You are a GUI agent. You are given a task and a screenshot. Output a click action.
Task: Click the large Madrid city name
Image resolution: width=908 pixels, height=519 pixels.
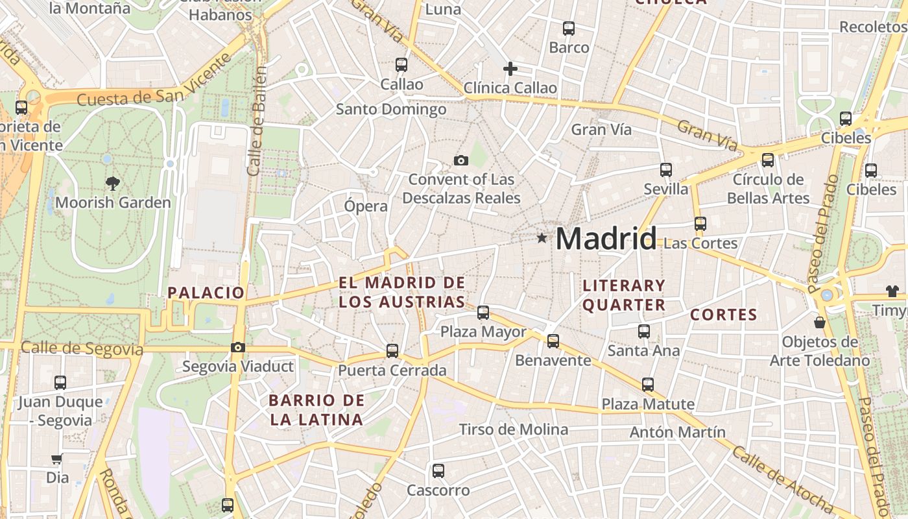pyautogui.click(x=606, y=239)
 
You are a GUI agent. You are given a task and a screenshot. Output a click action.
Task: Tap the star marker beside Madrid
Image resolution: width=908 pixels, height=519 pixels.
pyautogui.click(x=542, y=238)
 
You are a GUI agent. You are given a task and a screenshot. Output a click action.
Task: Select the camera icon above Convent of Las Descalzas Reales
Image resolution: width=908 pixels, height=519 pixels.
pyautogui.click(x=461, y=160)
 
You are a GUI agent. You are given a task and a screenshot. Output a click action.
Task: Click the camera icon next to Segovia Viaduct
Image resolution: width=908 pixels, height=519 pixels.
pyautogui.click(x=238, y=347)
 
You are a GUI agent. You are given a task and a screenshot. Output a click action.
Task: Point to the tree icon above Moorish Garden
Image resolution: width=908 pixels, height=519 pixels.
pyautogui.click(x=113, y=184)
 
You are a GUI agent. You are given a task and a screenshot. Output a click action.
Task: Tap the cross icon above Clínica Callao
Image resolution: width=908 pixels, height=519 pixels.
pyautogui.click(x=510, y=69)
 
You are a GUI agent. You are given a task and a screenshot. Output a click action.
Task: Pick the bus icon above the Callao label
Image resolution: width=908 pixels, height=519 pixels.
pyautogui.click(x=401, y=65)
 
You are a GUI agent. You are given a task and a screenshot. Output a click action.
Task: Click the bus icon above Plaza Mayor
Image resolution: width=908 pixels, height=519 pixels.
pyautogui.click(x=483, y=313)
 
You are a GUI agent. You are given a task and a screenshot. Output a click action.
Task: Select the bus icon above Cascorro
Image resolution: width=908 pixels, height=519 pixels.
pyautogui.click(x=438, y=471)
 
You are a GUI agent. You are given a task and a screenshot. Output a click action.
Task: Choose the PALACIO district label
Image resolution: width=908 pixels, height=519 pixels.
pyautogui.click(x=206, y=293)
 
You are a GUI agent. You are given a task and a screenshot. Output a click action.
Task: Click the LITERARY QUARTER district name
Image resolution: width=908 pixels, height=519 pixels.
pyautogui.click(x=624, y=295)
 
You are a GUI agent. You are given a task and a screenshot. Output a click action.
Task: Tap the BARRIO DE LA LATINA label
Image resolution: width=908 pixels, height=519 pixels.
pyautogui.click(x=317, y=410)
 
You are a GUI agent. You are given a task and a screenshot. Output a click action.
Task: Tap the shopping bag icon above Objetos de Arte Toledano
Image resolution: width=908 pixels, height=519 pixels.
pyautogui.click(x=820, y=322)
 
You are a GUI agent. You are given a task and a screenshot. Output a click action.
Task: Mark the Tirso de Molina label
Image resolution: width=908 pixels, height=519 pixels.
pyautogui.click(x=514, y=429)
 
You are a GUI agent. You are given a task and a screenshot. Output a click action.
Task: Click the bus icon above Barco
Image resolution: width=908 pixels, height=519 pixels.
pyautogui.click(x=569, y=29)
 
